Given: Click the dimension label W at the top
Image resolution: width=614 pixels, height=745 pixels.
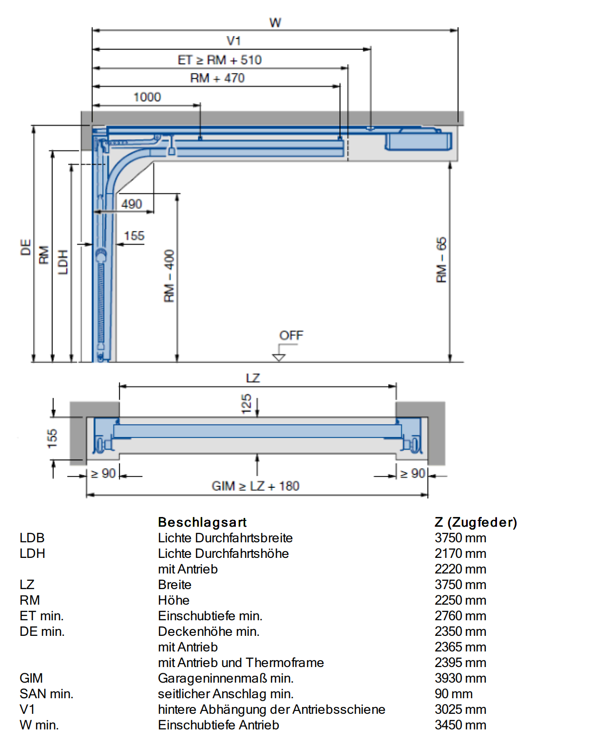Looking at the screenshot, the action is [275, 23].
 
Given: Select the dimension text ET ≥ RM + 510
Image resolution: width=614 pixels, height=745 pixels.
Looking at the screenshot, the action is [220, 60].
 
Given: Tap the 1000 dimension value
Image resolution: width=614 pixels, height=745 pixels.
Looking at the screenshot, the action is [147, 97].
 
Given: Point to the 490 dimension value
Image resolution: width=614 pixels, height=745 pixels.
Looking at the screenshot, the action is [132, 204].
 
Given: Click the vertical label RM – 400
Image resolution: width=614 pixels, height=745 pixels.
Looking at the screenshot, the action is [169, 276].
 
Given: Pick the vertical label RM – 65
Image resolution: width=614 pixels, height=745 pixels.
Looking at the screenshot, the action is [441, 260].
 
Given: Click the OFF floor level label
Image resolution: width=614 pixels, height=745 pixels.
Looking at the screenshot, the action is [291, 335].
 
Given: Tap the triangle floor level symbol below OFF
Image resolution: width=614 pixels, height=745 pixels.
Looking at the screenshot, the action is [279, 357].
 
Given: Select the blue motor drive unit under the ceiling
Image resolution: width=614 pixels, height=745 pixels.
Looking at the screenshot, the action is [418, 139].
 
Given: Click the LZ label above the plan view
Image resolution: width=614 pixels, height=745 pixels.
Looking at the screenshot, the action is [253, 378].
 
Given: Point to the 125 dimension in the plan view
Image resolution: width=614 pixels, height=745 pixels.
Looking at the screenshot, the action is [247, 404].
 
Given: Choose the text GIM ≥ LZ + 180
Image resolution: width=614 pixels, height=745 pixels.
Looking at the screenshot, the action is [255, 486].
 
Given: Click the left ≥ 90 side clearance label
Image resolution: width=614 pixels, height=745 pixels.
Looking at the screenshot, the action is [103, 474].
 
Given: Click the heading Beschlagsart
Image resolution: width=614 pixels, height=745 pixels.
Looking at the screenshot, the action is [202, 522].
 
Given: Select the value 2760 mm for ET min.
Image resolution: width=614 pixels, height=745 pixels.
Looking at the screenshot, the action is [460, 616].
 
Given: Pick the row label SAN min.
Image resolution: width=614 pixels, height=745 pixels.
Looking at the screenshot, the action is [46, 694].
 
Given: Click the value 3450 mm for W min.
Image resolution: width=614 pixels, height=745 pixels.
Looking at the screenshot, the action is [460, 725].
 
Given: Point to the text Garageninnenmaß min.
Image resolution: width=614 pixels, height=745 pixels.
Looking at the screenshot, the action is [226, 678].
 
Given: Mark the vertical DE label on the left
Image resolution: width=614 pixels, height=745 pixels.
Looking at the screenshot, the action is [26, 247].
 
